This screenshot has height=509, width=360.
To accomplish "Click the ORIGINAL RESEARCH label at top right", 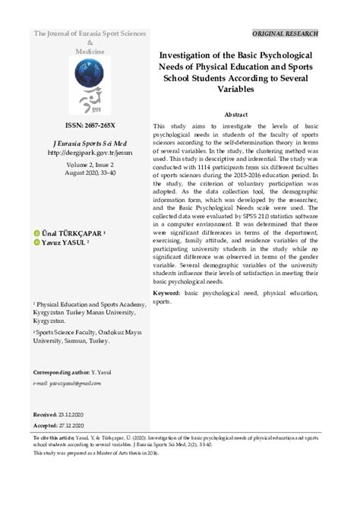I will pyautogui.click(x=286, y=34).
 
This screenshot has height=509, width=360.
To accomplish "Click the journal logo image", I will pyautogui.click(x=90, y=85).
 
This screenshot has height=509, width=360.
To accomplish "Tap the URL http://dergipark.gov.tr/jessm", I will pyautogui.click(x=90, y=151).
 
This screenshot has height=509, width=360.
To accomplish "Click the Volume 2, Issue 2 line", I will pyautogui.click(x=90, y=163).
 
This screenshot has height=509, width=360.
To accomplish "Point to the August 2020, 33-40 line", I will pyautogui.click(x=90, y=173).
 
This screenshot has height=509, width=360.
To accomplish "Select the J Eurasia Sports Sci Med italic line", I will pyautogui.click(x=90, y=141).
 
